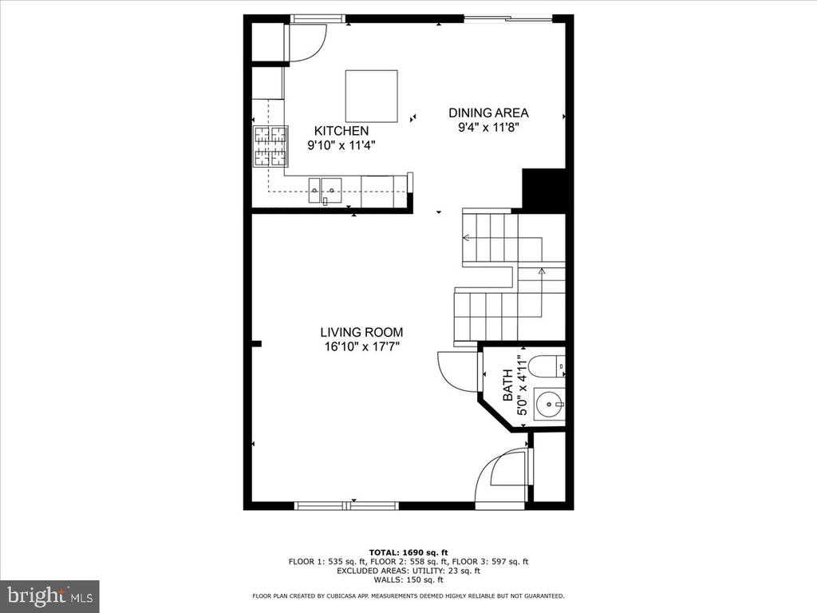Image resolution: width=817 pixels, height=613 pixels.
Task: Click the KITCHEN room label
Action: coord(341,131)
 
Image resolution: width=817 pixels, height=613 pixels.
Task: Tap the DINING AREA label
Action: coord(489,113)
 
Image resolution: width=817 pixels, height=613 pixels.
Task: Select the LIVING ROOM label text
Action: coord(361,332)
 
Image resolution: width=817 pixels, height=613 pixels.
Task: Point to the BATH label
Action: coord(507,386)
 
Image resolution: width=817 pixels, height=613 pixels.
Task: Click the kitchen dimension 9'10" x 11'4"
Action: coord(341,145)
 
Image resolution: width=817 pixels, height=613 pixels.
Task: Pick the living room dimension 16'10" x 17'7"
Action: coord(361,346)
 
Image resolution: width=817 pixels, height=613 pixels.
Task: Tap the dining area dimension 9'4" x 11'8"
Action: coord(489,127)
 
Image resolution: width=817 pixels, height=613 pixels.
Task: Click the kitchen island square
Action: coord(372,96)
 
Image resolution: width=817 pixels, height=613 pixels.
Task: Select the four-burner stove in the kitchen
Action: coord(270,147)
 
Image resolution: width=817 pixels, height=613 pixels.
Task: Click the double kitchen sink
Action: coord(325,190)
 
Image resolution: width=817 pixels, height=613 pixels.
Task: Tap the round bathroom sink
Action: coord(549,403)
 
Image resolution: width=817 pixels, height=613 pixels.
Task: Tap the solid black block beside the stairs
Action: coord(543,190)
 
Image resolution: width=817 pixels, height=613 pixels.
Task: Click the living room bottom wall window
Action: coord(346,505)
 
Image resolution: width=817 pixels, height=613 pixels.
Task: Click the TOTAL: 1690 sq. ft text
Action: coord(408,552)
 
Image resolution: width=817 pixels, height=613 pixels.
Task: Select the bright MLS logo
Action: coord(50,595)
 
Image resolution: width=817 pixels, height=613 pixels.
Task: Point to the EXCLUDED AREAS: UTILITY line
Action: coord(408,570)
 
